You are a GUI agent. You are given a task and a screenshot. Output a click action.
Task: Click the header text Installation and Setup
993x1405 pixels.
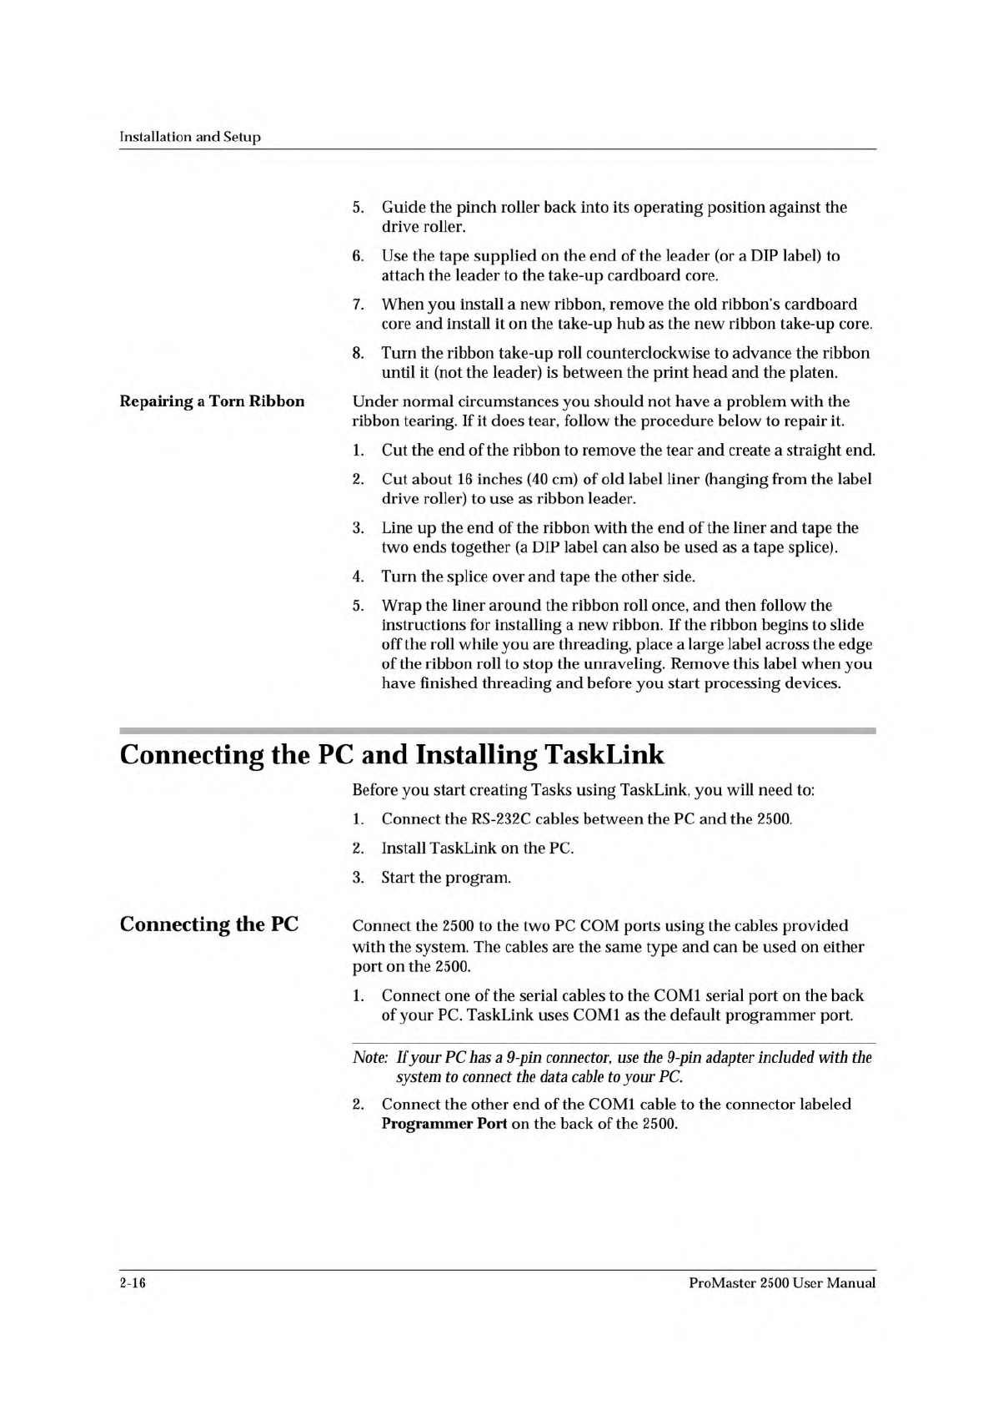(x=190, y=137)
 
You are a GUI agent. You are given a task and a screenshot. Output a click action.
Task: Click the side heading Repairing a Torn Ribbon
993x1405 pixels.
(x=212, y=401)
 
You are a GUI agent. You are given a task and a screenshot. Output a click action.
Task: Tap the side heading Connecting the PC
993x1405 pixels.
(x=209, y=924)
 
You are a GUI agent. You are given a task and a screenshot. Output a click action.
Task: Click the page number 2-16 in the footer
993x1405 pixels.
(x=133, y=1283)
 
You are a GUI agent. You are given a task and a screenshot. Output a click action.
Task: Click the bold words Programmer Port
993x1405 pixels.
(x=444, y=1124)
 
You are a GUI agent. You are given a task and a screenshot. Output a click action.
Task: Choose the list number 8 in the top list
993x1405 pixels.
(x=358, y=353)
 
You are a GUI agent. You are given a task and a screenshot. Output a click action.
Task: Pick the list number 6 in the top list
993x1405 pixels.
(x=358, y=256)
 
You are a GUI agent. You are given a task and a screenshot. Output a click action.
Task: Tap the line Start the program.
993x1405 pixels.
(x=446, y=878)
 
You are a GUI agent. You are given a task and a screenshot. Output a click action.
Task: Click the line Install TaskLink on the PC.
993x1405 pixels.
(x=478, y=849)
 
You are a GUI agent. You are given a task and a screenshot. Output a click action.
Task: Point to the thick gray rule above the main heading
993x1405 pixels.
(x=498, y=730)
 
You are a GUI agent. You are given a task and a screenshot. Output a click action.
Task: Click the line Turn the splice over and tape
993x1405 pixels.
(x=538, y=577)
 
